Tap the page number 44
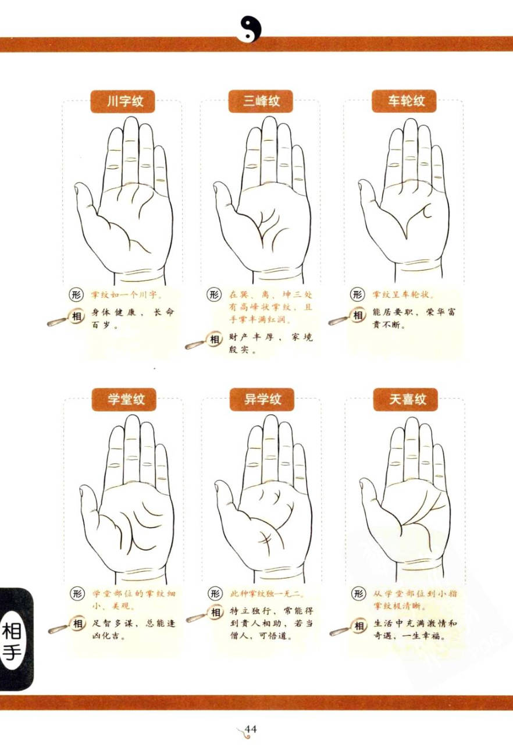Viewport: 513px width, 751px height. (x=251, y=729)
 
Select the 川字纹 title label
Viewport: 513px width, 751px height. (x=123, y=101)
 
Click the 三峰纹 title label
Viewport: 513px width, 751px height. (x=261, y=101)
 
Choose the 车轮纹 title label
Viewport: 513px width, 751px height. (x=404, y=101)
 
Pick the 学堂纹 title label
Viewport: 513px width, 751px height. (x=124, y=399)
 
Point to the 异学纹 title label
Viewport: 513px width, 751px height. (x=262, y=399)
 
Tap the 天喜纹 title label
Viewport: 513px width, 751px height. (x=406, y=399)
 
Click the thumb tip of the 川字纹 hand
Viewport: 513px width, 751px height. (x=78, y=188)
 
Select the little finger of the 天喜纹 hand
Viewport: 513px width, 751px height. (x=439, y=466)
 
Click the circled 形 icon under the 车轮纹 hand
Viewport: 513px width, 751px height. (x=357, y=294)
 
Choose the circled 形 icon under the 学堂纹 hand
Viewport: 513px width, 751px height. (x=77, y=593)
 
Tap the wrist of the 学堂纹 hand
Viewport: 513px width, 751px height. (x=141, y=572)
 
